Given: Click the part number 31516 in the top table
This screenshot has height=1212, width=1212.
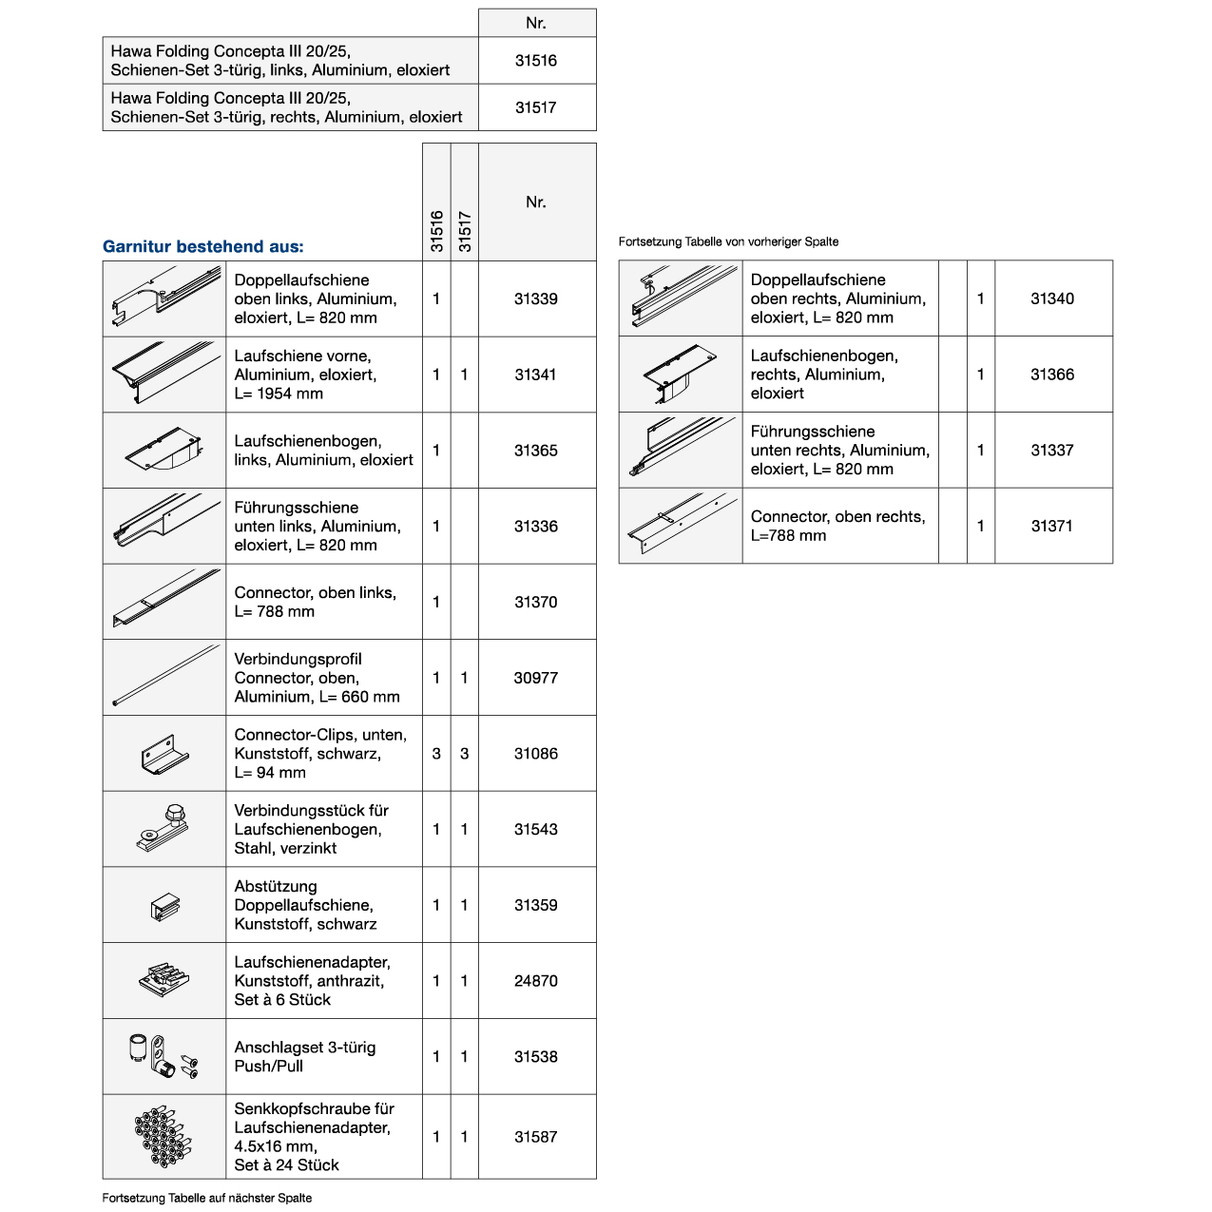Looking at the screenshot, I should pyautogui.click(x=536, y=61).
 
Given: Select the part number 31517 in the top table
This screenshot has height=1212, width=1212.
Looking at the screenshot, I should pyautogui.click(x=536, y=107).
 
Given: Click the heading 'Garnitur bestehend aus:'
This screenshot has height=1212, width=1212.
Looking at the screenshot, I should pyautogui.click(x=203, y=247).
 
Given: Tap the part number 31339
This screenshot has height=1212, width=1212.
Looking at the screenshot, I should pyautogui.click(x=536, y=298).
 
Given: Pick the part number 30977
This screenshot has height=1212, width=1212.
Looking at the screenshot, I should pyautogui.click(x=536, y=678).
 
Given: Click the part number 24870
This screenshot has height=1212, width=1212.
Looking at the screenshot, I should pyautogui.click(x=536, y=981).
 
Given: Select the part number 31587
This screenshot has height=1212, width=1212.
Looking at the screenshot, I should pyautogui.click(x=536, y=1137).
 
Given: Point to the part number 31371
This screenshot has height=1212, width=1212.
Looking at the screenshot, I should pyautogui.click(x=1052, y=526).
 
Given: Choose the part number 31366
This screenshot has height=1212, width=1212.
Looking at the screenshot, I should pyautogui.click(x=1052, y=375).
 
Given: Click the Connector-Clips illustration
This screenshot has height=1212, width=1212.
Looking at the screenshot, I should pyautogui.click(x=165, y=754).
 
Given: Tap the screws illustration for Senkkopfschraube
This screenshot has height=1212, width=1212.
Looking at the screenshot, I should pyautogui.click(x=164, y=1137).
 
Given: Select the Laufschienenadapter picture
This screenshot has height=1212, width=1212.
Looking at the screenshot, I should pyautogui.click(x=164, y=980).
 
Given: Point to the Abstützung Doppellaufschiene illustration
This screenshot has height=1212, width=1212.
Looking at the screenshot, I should pyautogui.click(x=165, y=906).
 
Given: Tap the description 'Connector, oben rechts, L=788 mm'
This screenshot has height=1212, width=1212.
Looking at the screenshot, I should pyautogui.click(x=837, y=526).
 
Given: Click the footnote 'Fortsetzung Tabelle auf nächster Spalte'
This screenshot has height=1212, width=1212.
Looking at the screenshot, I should pyautogui.click(x=207, y=1198).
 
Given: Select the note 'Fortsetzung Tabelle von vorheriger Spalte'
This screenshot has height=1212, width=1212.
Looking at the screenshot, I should pyautogui.click(x=728, y=241).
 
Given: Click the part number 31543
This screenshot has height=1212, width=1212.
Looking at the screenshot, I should pyautogui.click(x=536, y=830).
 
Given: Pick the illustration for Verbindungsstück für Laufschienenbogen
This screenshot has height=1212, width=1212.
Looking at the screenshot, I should pyautogui.click(x=164, y=829).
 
